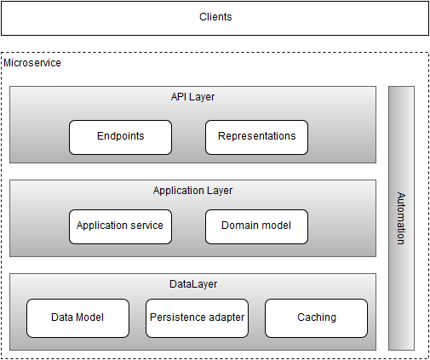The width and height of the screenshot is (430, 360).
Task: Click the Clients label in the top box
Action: coord(215,17)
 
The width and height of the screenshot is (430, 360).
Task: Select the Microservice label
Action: coord(32,63)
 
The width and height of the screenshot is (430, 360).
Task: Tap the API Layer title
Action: coord(192,97)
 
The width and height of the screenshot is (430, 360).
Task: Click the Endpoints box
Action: coord(120,137)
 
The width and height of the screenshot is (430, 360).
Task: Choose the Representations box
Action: coord(256,137)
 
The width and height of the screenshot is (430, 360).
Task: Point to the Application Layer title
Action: coord(192,191)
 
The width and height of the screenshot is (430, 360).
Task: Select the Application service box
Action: coord(120,226)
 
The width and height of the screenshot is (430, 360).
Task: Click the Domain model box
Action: coord(256,226)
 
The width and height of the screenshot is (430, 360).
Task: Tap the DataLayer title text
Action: coord(193,284)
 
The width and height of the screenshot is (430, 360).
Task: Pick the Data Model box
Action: coord(77,318)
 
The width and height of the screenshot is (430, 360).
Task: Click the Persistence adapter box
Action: coord(197,318)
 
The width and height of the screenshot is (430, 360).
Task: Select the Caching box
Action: coord(316,318)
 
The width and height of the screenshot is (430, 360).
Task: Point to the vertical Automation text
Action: coord(401,218)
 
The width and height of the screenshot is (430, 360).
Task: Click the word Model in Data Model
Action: coord(89,317)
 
